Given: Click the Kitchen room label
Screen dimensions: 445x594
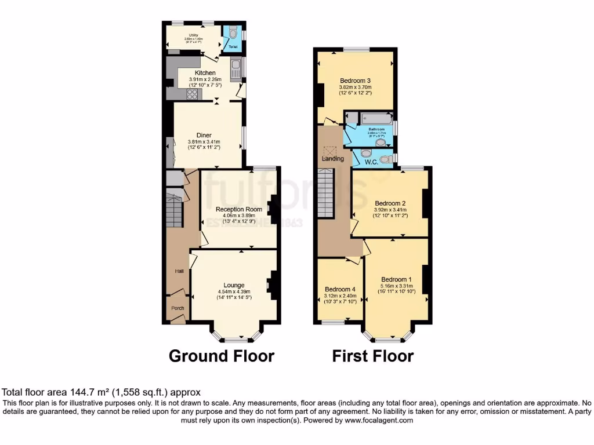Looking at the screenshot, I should pyautogui.click(x=205, y=72).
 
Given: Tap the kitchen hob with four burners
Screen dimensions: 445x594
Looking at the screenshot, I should pyautogui.click(x=191, y=94).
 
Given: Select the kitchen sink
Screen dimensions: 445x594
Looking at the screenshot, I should pyautogui.click(x=235, y=71).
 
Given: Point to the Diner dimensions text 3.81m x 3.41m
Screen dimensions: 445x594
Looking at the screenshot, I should pyautogui.click(x=204, y=142).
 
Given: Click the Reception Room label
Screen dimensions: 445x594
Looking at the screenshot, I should pyautogui.click(x=238, y=209).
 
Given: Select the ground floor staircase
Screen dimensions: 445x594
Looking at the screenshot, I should pyautogui.click(x=175, y=207).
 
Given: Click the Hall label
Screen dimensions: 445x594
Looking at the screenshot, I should pyautogui.click(x=180, y=271).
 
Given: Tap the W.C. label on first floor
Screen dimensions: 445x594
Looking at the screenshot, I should pyautogui.click(x=372, y=162).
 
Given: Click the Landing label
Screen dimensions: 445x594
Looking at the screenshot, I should pyautogui.click(x=333, y=158).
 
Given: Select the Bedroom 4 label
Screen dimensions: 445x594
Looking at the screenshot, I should pyautogui.click(x=340, y=289).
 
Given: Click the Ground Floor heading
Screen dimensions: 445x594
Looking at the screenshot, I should pyautogui.click(x=221, y=355).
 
